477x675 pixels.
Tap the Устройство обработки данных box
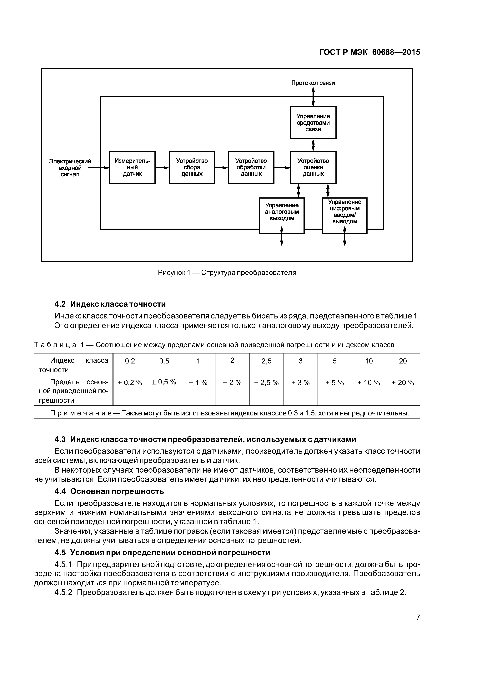251,168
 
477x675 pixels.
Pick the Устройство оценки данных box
313,168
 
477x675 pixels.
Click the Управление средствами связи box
313,123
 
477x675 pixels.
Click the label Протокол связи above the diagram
313,83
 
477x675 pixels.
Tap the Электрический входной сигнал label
70,168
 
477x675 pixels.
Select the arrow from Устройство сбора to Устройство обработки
221,168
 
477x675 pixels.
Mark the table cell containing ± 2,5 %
266,383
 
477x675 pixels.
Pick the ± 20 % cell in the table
403,383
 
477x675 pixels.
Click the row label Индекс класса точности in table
73,365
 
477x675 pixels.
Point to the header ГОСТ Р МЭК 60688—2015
369,52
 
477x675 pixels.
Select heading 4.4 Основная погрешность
109,491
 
